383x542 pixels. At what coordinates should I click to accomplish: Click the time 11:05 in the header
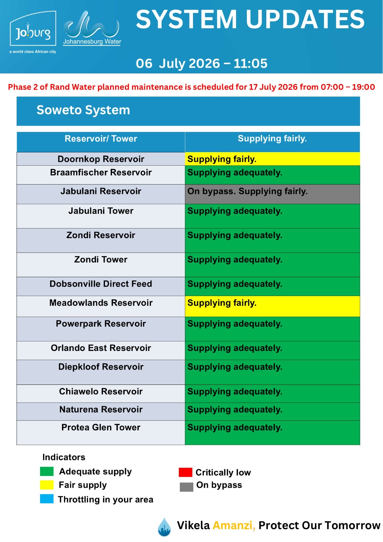[x=250, y=63]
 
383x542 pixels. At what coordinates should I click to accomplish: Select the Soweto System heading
[x=83, y=110]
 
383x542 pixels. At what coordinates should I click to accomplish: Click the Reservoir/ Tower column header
[x=101, y=139]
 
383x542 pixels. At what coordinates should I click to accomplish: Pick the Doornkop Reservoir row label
[x=101, y=159]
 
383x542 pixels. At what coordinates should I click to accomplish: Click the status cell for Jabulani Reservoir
[x=272, y=194]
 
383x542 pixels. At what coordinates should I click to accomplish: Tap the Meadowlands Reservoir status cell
[x=272, y=306]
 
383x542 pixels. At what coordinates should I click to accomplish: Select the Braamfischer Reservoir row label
[x=101, y=172]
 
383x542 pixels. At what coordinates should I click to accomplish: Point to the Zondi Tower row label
[x=101, y=259]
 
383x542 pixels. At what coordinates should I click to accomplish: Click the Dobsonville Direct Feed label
[x=101, y=284]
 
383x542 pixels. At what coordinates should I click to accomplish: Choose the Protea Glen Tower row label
[x=101, y=427]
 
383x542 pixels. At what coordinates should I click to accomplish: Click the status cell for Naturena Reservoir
[x=272, y=411]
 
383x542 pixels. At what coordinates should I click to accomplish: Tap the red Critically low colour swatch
[x=185, y=472]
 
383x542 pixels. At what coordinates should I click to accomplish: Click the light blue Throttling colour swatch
[x=47, y=499]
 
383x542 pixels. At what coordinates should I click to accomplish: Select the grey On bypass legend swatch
[x=186, y=487]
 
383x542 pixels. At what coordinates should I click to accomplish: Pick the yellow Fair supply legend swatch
[x=47, y=485]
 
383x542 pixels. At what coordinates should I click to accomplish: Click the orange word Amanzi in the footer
[x=234, y=525]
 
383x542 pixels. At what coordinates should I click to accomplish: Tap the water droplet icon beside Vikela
[x=164, y=527]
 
